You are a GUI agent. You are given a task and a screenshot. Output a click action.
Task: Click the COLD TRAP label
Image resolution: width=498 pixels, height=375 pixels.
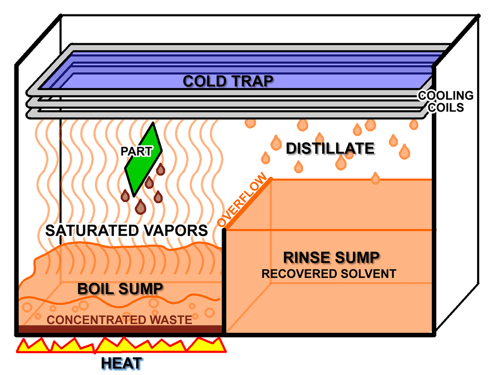[x=228, y=81]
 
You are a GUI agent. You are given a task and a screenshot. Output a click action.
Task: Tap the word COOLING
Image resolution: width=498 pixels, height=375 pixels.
[x=445, y=96]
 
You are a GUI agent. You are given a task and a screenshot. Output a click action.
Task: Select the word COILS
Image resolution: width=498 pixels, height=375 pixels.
[x=446, y=107]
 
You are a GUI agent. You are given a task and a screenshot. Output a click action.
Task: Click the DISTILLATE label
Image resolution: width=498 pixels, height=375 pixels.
[x=330, y=148]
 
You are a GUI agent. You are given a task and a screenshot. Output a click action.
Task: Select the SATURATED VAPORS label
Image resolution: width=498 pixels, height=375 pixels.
[x=126, y=231]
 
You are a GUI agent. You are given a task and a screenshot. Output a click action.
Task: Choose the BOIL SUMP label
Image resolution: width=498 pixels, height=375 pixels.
[x=120, y=288]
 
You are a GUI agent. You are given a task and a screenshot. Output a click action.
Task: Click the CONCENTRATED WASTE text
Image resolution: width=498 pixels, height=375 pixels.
[x=120, y=319]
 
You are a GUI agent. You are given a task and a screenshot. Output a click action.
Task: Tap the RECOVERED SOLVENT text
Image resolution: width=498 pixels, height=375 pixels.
[x=329, y=274]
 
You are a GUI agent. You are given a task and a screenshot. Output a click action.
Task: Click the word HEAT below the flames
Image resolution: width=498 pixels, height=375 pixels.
[x=122, y=363]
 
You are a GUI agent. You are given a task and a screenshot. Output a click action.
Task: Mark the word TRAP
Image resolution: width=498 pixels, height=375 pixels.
[x=254, y=81]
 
